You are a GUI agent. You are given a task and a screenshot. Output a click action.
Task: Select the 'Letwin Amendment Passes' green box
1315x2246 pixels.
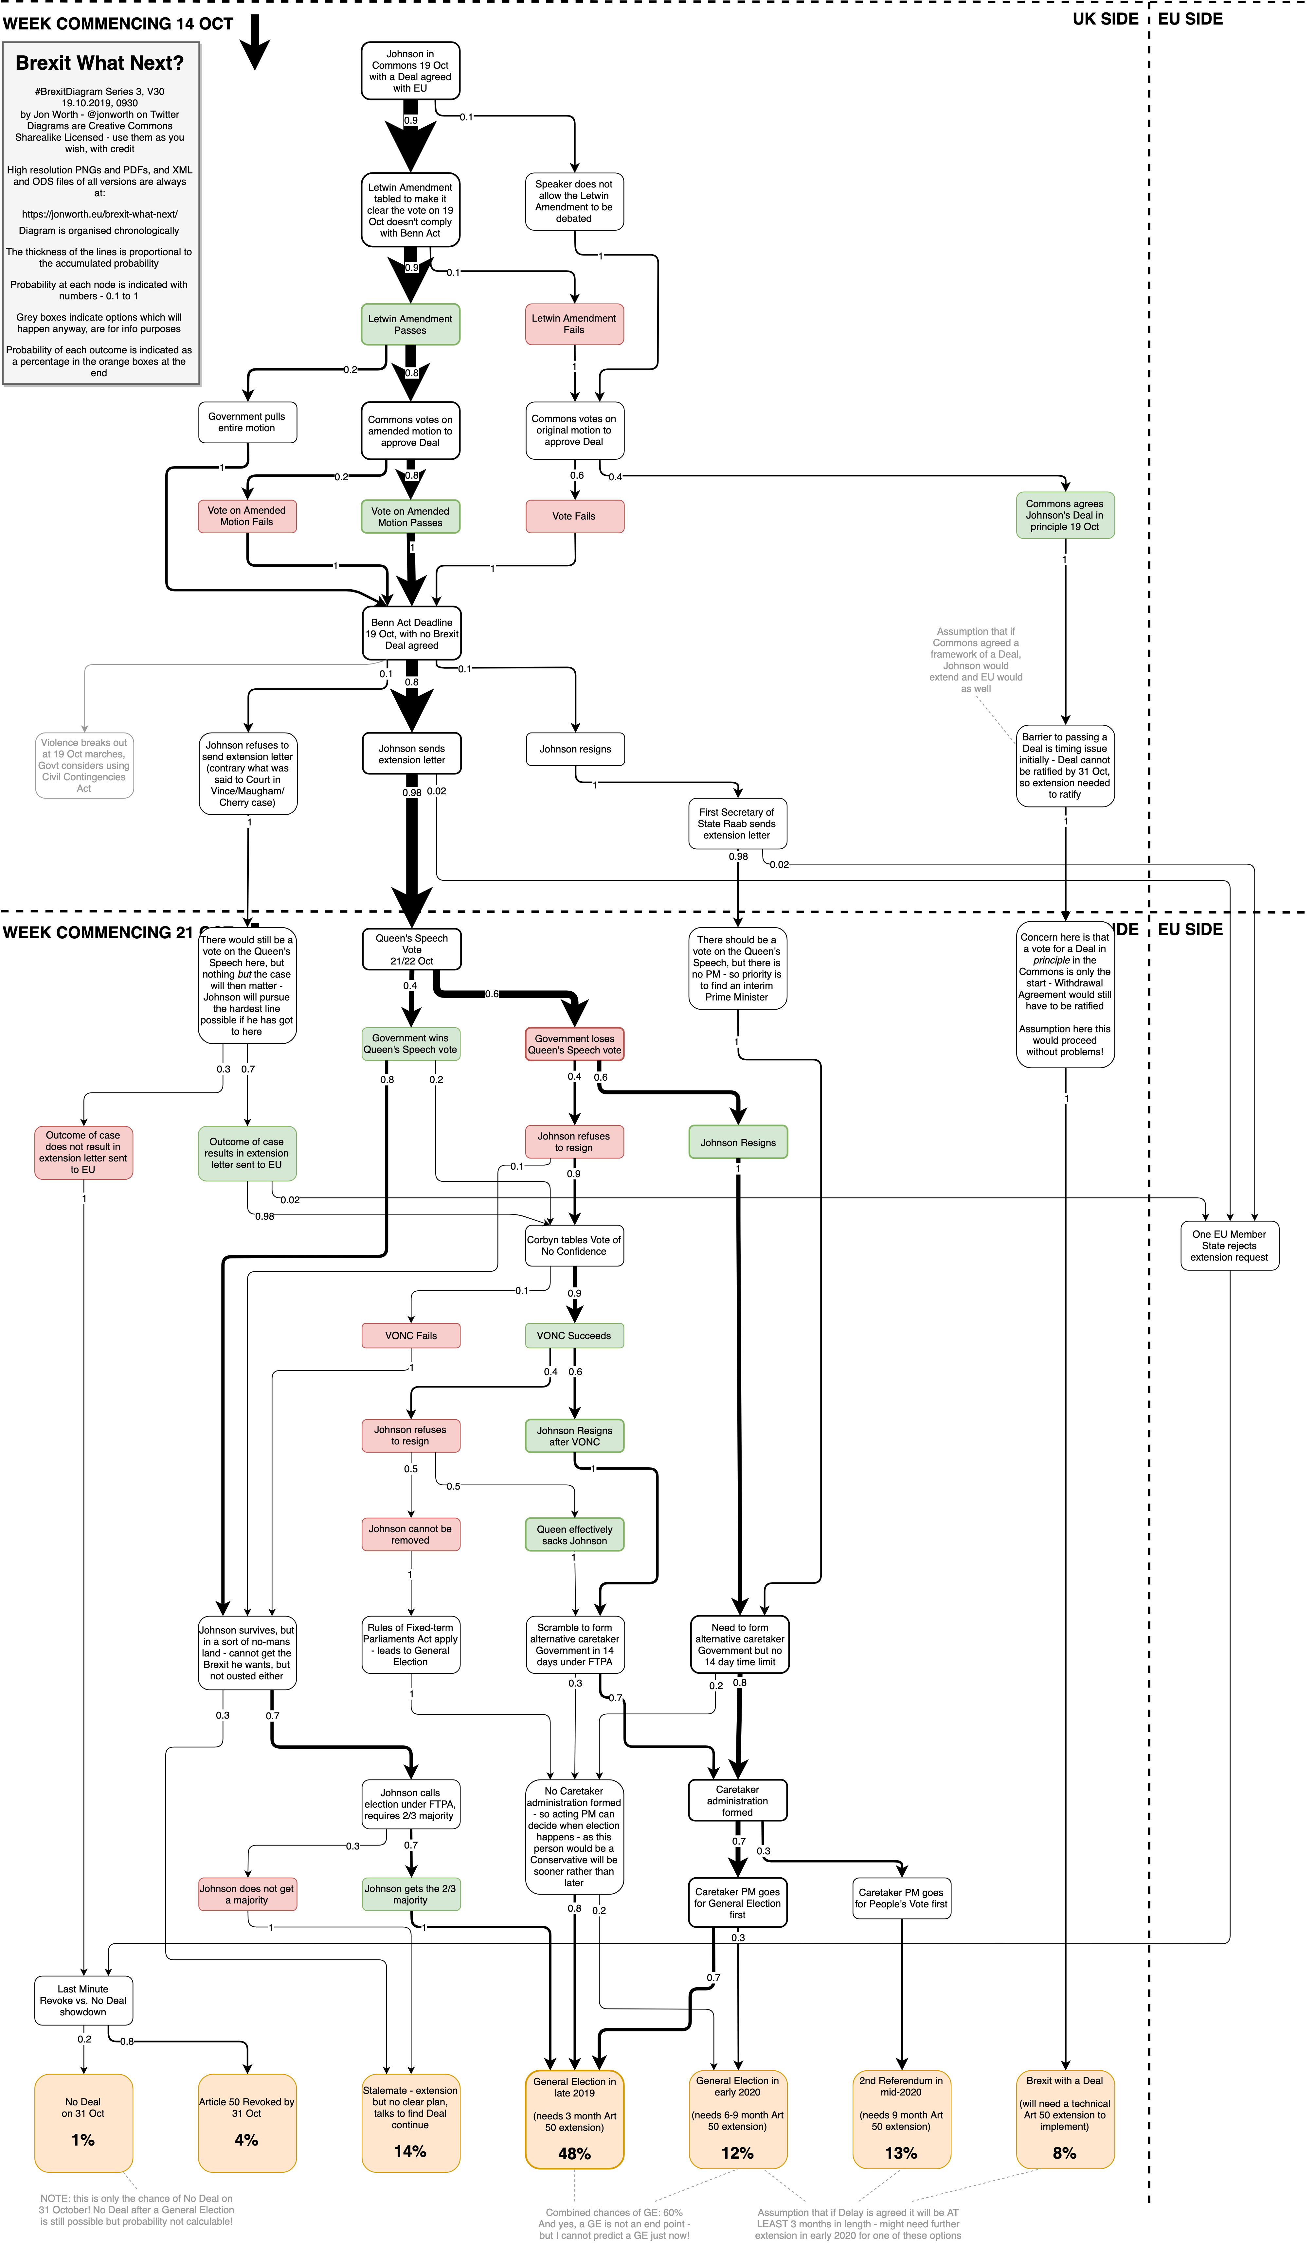click(x=410, y=325)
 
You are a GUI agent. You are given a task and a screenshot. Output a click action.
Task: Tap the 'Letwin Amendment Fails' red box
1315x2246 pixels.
click(x=574, y=324)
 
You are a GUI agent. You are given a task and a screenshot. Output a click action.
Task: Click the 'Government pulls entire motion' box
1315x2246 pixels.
click(x=247, y=422)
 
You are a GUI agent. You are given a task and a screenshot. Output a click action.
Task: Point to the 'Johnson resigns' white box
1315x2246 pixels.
click(x=575, y=750)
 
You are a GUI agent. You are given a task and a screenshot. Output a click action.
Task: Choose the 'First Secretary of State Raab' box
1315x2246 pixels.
click(x=737, y=823)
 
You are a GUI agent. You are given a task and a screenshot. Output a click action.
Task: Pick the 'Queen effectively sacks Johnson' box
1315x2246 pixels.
click(x=574, y=1535)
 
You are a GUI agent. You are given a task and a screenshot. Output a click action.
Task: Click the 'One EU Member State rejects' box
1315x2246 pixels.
click(x=1229, y=1246)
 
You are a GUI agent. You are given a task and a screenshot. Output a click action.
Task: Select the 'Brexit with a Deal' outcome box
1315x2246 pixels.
click(x=1065, y=2121)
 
